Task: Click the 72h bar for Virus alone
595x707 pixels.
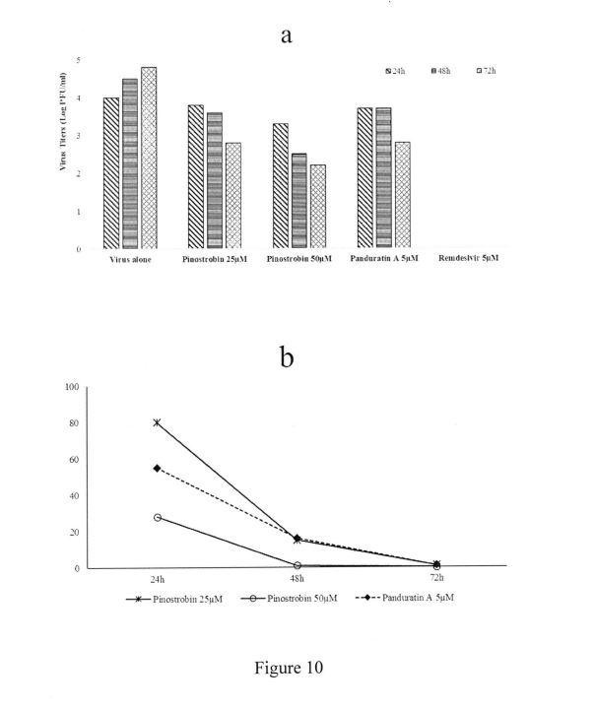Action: (149, 158)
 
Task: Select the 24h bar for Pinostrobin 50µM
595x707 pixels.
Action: (281, 186)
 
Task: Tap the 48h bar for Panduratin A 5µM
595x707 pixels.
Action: (384, 177)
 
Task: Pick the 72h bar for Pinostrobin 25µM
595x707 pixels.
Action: (233, 195)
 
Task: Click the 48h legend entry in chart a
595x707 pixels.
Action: (440, 71)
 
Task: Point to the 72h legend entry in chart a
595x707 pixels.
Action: (487, 71)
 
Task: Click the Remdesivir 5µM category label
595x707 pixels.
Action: (468, 258)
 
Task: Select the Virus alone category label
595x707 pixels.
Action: (130, 260)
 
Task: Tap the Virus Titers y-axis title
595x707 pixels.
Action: (63, 122)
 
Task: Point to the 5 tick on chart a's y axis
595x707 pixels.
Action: (78, 60)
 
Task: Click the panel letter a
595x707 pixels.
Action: (287, 35)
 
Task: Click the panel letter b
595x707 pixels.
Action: (287, 357)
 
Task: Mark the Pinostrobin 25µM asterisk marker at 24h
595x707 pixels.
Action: (157, 422)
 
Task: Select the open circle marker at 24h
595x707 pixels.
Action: (157, 517)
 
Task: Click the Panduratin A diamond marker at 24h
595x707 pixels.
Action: (157, 469)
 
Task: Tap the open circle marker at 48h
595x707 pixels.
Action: (297, 565)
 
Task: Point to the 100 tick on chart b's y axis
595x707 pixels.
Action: (72, 387)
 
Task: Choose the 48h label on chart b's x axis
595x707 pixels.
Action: (297, 578)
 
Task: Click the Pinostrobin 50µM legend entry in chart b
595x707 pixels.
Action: (290, 599)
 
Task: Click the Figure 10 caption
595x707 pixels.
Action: (289, 668)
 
